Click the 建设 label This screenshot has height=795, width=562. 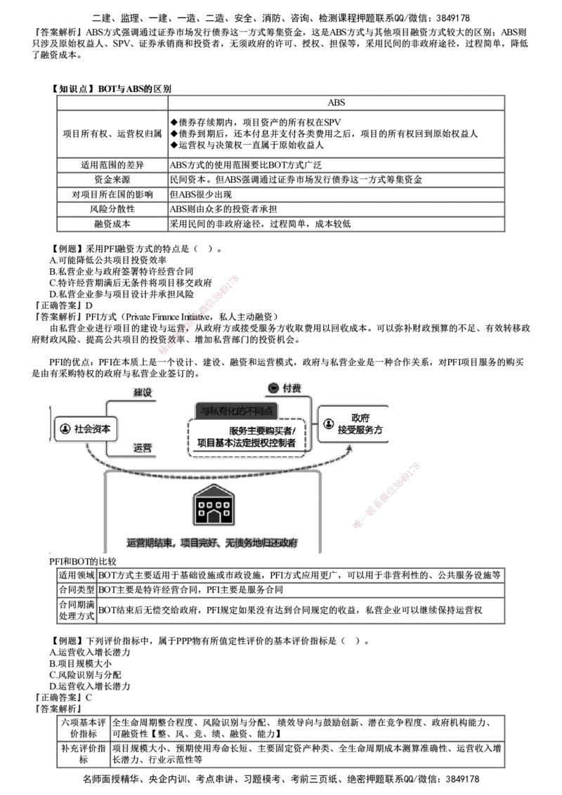tap(142, 393)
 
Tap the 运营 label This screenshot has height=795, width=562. tap(142, 447)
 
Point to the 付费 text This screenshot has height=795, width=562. tap(292, 388)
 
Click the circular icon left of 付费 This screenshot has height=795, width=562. tap(274, 388)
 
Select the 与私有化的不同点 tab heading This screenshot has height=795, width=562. tap(236, 410)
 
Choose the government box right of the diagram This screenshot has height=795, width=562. tap(353, 424)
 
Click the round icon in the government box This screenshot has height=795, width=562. tap(329, 424)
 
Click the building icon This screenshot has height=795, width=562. tap(212, 506)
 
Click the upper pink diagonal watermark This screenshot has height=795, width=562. tap(200, 316)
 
